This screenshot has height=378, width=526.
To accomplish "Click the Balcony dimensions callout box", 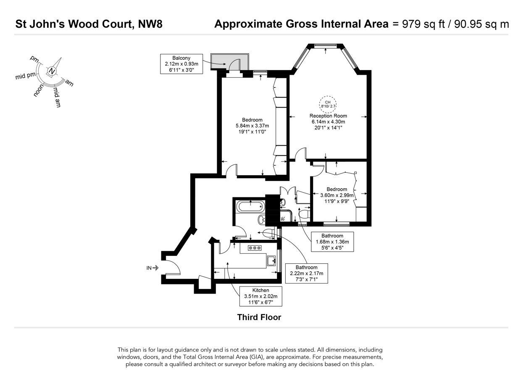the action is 181,64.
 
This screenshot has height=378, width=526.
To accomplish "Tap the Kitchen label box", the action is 260,296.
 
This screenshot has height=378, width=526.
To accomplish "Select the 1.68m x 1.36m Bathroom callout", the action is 332,242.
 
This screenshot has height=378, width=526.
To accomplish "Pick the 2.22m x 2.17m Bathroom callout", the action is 306,273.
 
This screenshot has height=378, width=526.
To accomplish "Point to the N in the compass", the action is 52,71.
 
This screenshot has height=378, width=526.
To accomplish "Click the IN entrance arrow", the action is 155,268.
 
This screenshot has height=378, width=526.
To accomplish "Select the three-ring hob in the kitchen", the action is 255,248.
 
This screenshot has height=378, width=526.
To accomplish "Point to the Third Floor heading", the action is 259,317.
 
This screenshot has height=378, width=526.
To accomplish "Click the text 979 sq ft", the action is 423,24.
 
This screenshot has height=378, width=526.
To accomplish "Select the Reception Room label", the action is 328,116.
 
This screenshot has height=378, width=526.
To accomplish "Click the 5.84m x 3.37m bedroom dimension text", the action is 252,126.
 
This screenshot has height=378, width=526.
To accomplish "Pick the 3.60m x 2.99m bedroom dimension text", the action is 337,195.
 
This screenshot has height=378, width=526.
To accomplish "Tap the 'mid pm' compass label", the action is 25,76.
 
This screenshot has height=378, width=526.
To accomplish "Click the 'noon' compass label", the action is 39,90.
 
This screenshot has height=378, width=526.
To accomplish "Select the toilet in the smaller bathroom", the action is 304,214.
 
